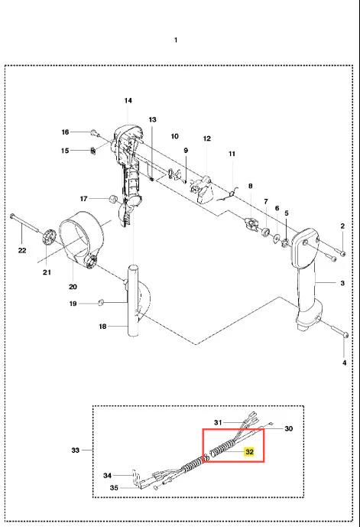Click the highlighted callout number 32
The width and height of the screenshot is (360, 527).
click(x=249, y=452)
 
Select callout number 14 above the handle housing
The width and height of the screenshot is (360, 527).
click(x=128, y=100)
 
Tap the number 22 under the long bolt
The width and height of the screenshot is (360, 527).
click(x=22, y=250)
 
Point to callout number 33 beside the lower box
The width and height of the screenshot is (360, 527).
click(x=75, y=450)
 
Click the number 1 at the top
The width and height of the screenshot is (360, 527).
click(x=176, y=41)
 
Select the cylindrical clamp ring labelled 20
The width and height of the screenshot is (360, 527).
click(x=80, y=240)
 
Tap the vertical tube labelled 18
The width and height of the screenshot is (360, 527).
click(x=133, y=300)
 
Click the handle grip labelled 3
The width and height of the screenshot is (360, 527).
click(x=306, y=278)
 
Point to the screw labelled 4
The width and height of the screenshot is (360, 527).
click(x=339, y=330)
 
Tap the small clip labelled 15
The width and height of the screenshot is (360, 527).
click(x=94, y=151)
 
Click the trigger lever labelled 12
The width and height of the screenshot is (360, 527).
click(x=203, y=188)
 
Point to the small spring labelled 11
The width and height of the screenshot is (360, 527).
click(x=229, y=195)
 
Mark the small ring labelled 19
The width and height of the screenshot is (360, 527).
click(x=100, y=303)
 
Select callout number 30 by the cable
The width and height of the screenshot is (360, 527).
click(x=289, y=428)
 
